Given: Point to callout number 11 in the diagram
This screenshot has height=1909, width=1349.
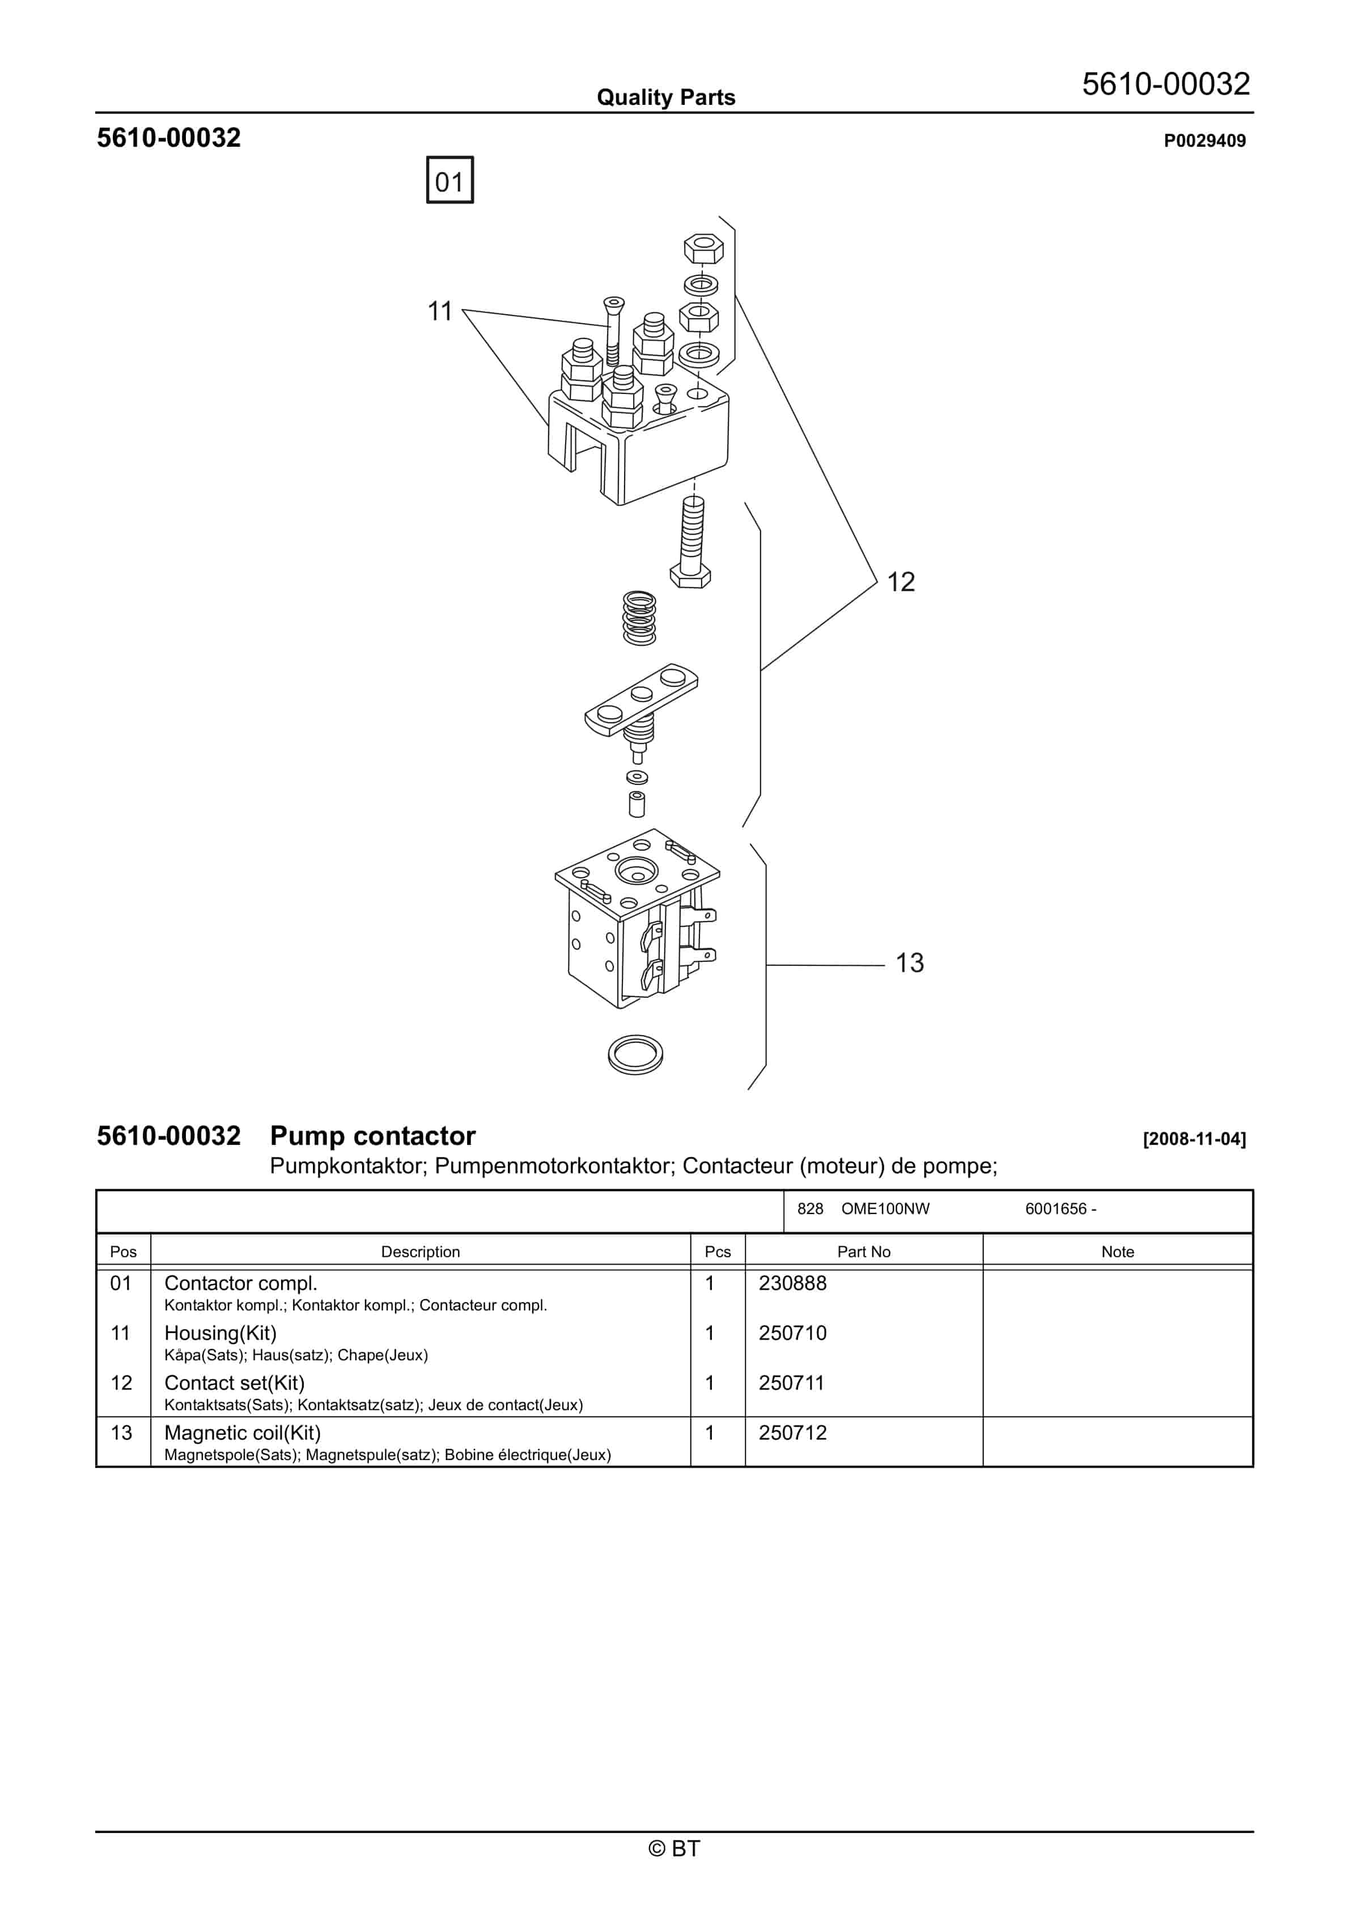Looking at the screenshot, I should click(439, 311).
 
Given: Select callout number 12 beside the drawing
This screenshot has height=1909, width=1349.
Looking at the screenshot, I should click(900, 582).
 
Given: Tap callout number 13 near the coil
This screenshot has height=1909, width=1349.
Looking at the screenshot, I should click(909, 963).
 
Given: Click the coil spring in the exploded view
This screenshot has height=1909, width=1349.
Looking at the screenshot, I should click(639, 618).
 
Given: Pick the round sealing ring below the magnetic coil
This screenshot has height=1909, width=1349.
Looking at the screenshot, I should click(635, 1054).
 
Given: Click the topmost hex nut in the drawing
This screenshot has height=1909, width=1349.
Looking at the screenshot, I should click(703, 249).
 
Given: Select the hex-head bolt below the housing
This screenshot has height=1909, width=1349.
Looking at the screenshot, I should click(691, 545).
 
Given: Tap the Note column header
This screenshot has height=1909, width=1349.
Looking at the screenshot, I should click(1117, 1252).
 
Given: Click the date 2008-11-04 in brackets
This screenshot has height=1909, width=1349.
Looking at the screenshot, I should click(1194, 1139).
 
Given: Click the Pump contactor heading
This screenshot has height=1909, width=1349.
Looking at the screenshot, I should click(372, 1136).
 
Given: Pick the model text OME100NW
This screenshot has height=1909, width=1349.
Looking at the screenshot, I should click(885, 1209).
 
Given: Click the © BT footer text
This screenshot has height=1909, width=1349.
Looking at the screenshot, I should click(674, 1848).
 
